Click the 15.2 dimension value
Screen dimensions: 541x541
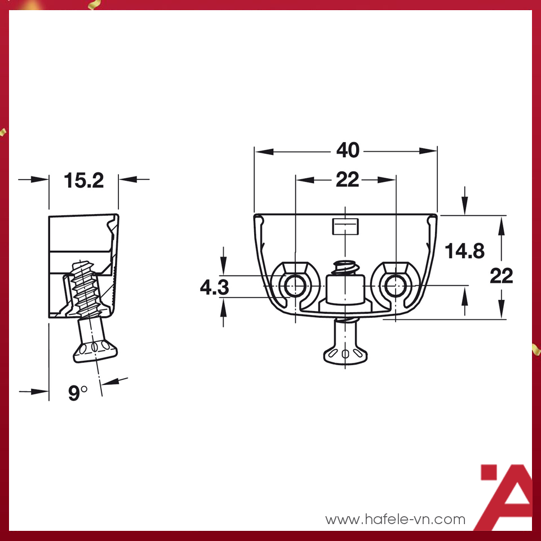(84, 181)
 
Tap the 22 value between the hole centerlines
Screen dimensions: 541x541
(347, 180)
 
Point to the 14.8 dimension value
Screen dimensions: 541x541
(464, 251)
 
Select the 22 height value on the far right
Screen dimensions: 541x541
(501, 276)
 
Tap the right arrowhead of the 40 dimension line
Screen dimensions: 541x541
(428, 151)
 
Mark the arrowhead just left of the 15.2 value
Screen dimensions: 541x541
(41, 180)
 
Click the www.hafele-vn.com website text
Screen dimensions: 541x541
(396, 519)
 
